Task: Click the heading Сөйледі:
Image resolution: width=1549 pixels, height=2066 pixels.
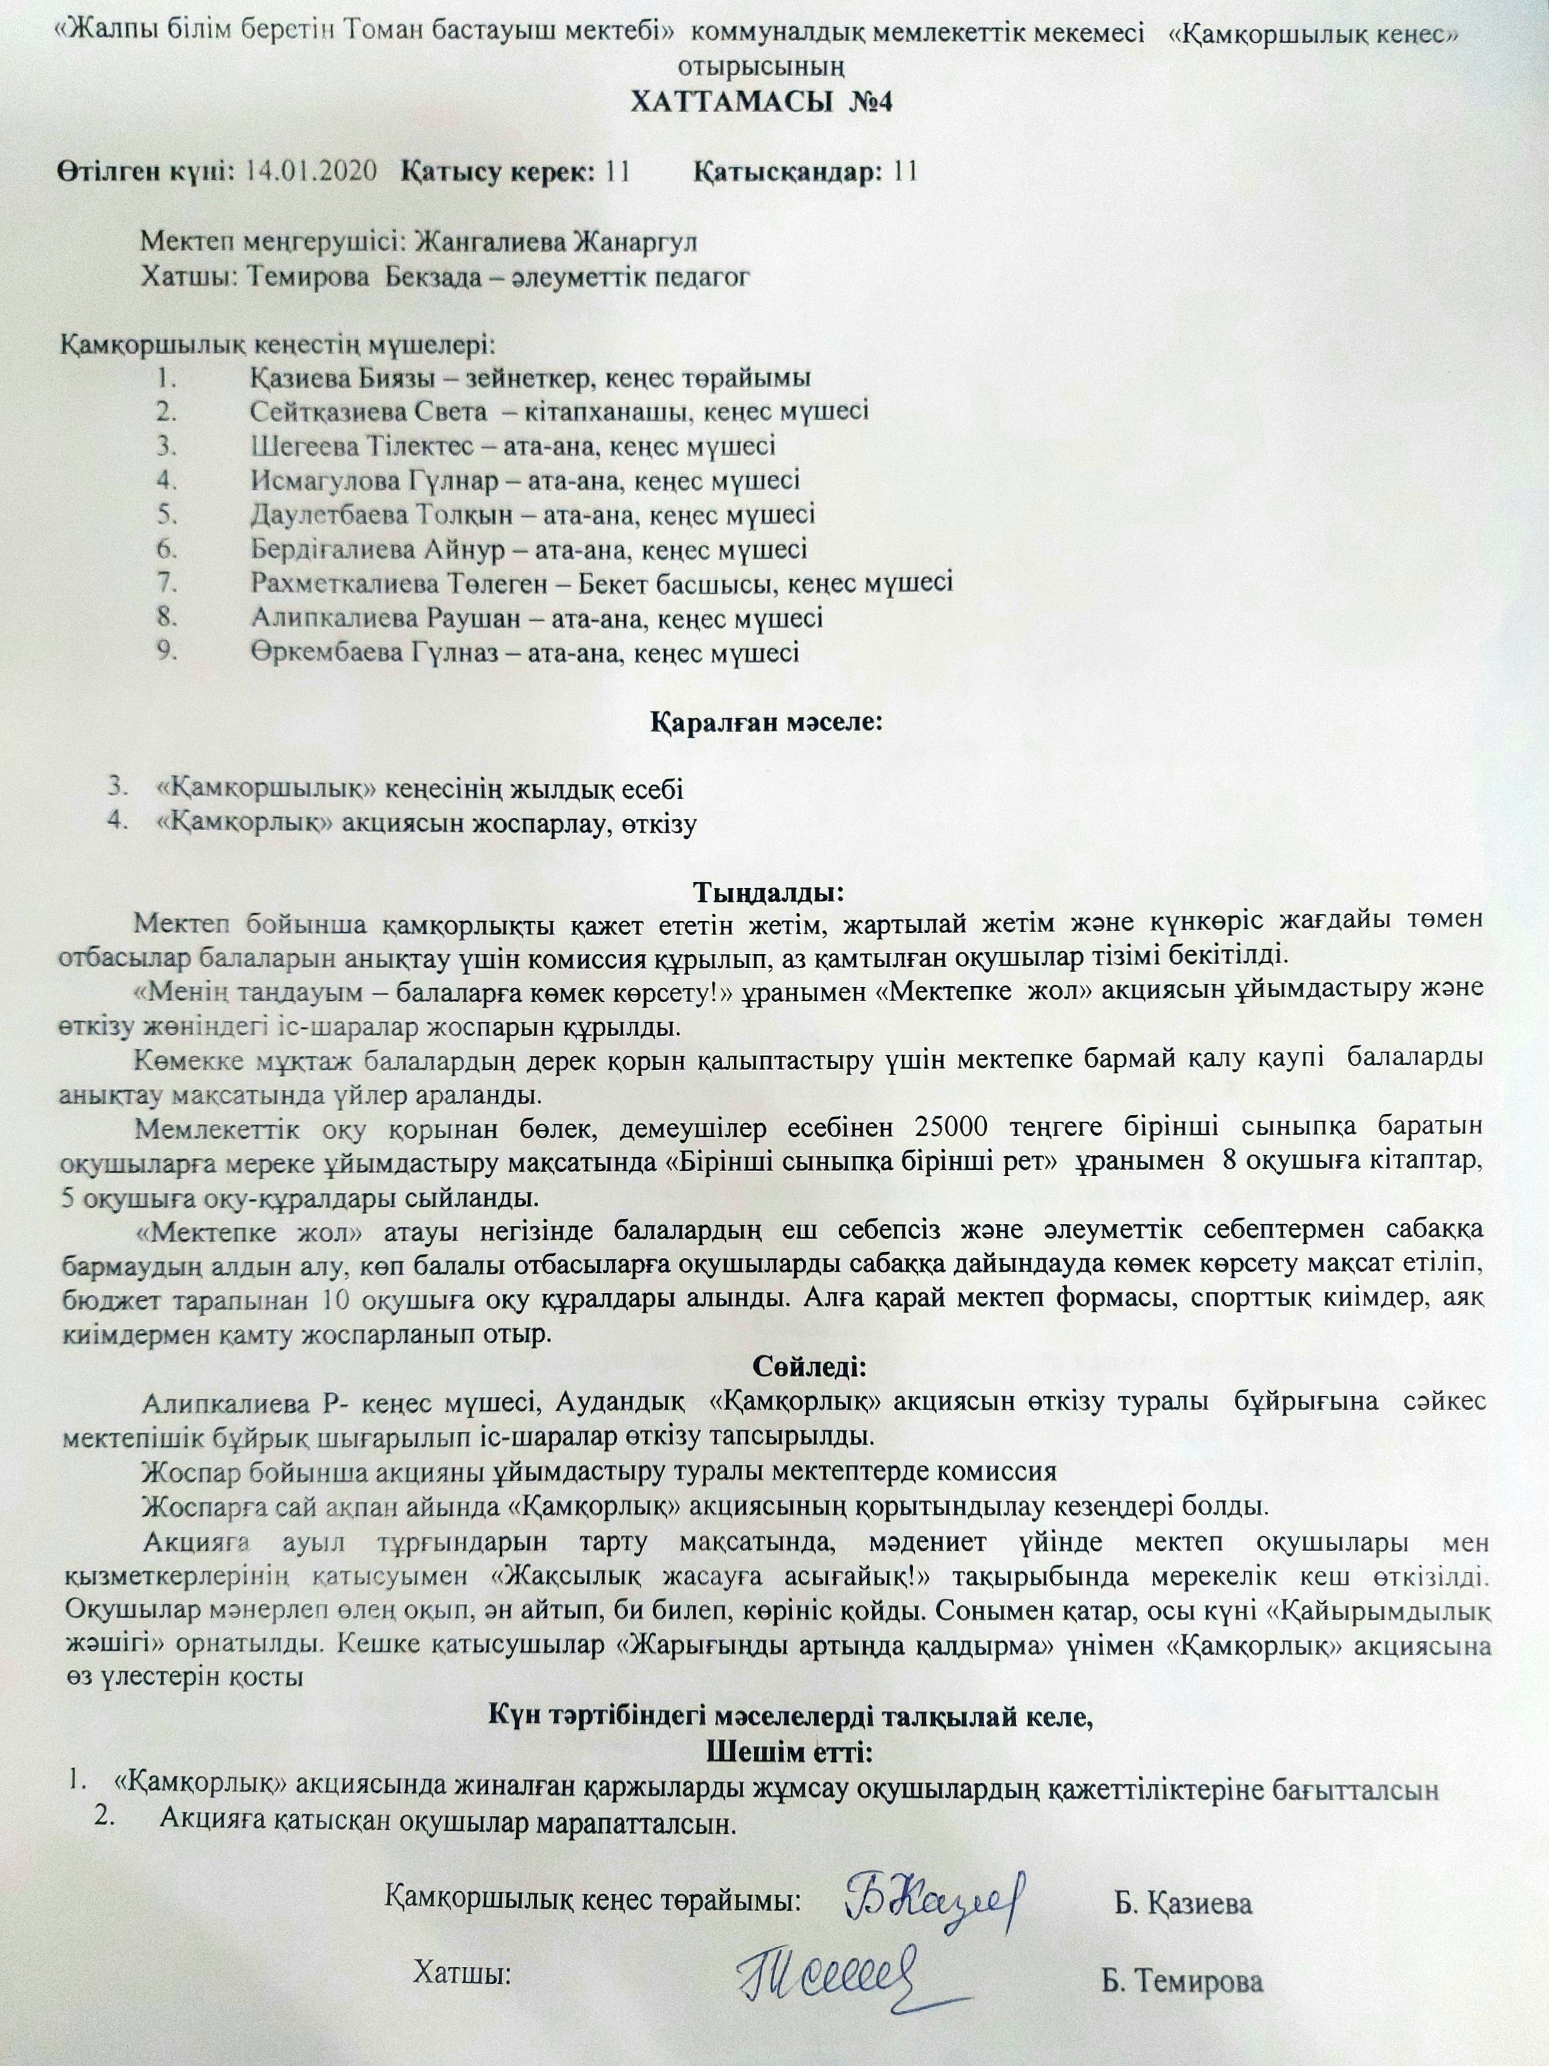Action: point(775,1369)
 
